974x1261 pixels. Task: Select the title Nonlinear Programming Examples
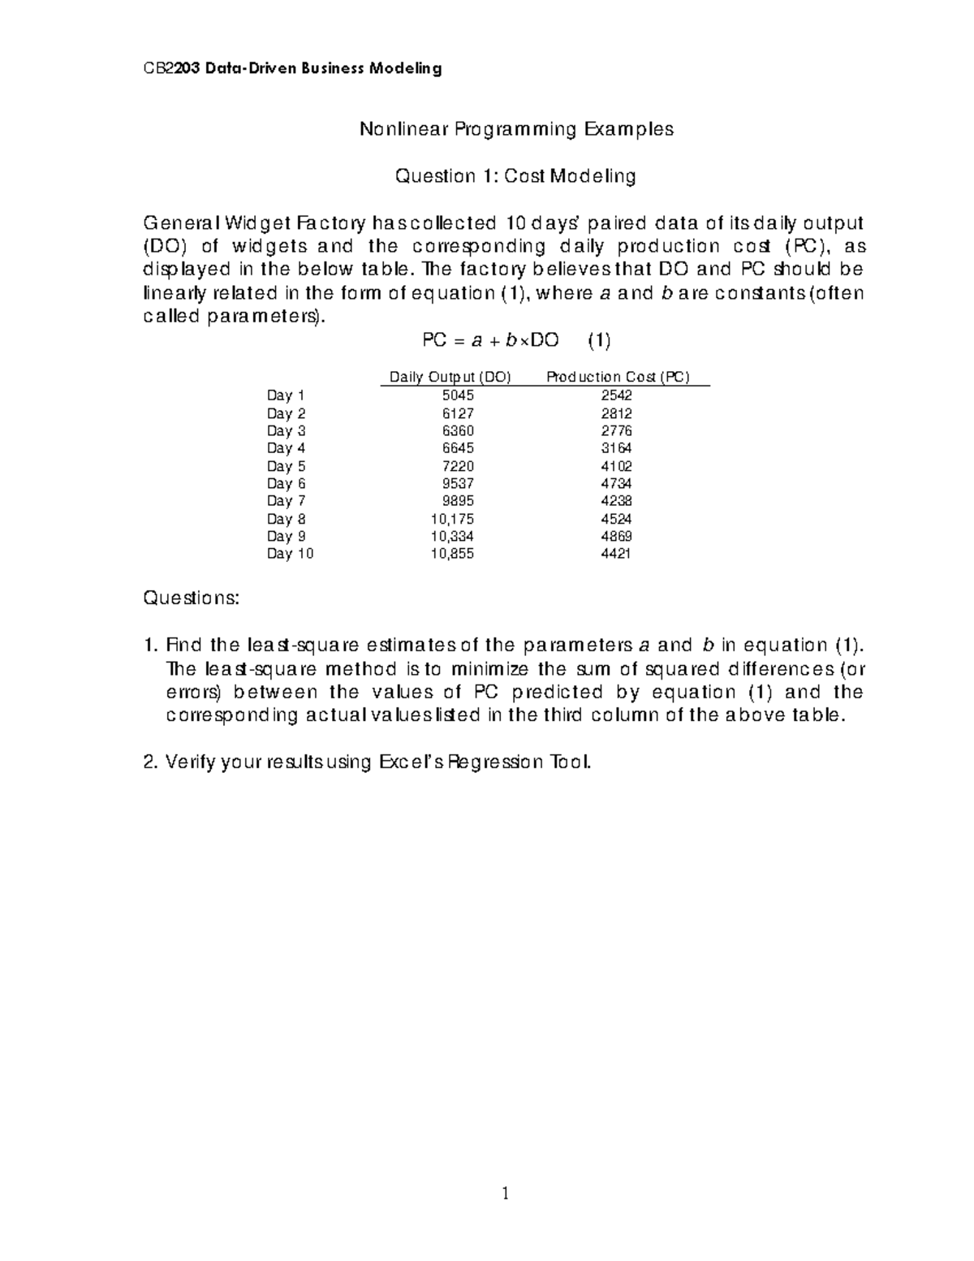(x=516, y=129)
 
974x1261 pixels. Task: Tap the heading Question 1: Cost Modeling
(x=515, y=176)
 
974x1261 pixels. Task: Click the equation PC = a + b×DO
(x=491, y=340)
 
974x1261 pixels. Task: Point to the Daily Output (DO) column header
(x=450, y=377)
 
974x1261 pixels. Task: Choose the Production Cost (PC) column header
(x=618, y=377)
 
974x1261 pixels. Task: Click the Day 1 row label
(x=286, y=395)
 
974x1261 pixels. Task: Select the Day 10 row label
(x=290, y=554)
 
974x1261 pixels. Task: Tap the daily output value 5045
(x=457, y=395)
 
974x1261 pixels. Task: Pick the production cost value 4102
(x=616, y=466)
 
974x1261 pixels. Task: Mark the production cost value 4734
(x=616, y=484)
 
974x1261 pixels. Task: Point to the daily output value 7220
(x=457, y=466)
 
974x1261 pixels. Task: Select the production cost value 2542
(x=616, y=395)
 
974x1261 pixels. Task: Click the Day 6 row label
(x=286, y=484)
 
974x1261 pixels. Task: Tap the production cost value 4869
(x=616, y=536)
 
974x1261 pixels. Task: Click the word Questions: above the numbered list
(x=192, y=598)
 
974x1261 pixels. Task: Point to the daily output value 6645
(x=457, y=448)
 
